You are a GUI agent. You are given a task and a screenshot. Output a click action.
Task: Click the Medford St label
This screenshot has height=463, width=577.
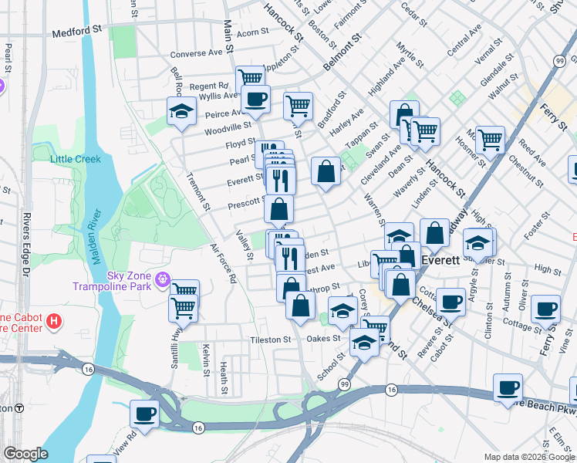(76, 34)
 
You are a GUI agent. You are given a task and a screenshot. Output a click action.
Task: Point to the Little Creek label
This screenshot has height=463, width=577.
(76, 159)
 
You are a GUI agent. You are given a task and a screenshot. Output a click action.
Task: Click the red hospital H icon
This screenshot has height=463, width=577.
(53, 319)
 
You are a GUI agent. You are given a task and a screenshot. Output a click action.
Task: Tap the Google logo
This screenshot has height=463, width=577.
(25, 454)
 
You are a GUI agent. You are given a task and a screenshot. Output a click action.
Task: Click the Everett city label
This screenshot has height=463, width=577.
(440, 261)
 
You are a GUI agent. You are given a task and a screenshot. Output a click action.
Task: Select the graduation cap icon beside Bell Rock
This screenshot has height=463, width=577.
(181, 110)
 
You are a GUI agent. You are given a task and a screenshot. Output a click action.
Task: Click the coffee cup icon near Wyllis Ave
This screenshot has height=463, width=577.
(255, 98)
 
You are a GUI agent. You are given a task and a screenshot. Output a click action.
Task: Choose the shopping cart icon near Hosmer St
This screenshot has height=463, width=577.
(489, 140)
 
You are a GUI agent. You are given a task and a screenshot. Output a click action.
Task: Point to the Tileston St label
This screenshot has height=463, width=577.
(270, 339)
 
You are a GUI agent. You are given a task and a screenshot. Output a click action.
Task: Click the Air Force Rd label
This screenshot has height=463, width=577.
(222, 264)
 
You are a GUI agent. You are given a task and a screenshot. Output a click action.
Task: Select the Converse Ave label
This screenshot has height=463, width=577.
(196, 54)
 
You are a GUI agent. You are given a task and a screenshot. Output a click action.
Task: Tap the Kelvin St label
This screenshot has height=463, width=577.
(206, 360)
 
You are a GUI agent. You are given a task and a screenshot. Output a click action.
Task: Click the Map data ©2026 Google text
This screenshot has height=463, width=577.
(528, 457)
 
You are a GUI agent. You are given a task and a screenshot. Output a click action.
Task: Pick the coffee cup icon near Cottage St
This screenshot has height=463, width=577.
(547, 308)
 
